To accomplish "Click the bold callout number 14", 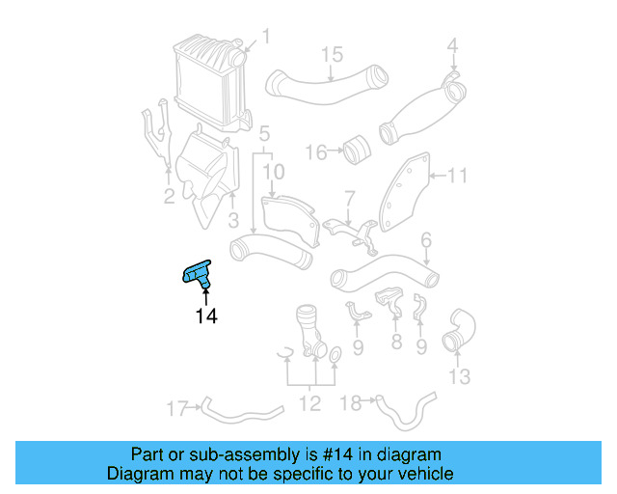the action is coord(206,316).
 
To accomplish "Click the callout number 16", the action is coord(315,151).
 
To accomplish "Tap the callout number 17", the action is coord(175,409).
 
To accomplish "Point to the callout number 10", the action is coord(274,172).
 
